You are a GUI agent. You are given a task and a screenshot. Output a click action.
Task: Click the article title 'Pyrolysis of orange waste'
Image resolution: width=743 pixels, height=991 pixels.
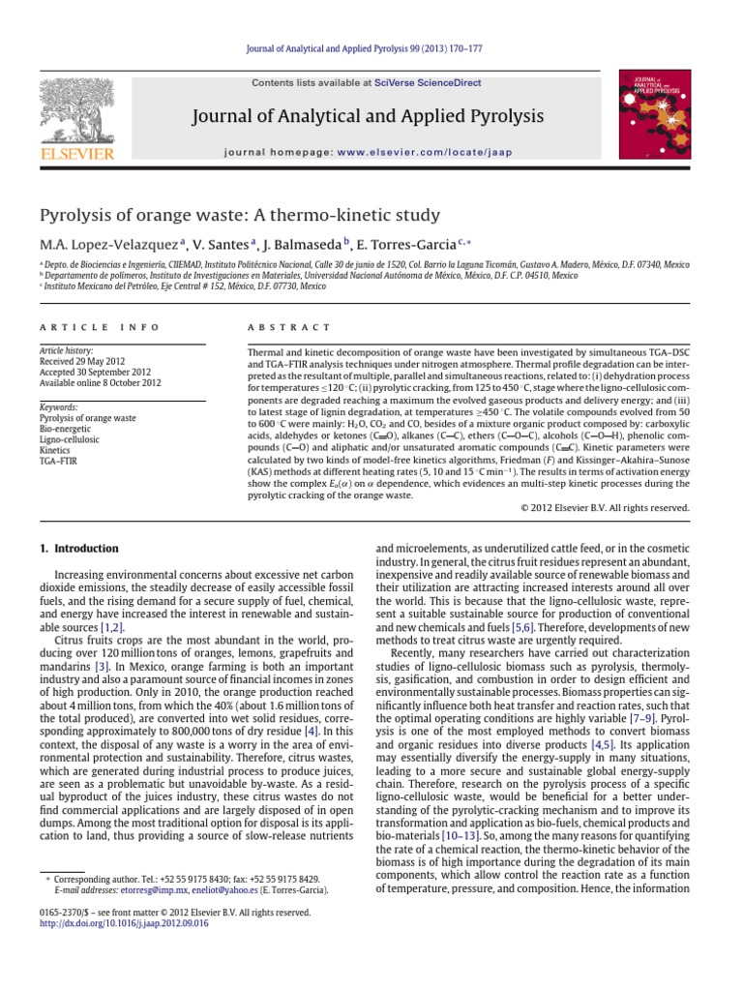click(x=238, y=215)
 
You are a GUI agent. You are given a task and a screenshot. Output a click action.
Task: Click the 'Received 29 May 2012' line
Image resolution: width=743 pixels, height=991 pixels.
click(x=82, y=364)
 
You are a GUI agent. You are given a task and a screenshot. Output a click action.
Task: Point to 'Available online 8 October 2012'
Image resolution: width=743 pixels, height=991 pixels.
click(x=100, y=384)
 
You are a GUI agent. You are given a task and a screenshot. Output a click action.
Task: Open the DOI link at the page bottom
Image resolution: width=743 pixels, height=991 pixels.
click(x=123, y=923)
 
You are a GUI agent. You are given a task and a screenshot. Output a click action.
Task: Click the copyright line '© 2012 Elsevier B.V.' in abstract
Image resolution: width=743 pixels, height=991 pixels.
click(x=605, y=507)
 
